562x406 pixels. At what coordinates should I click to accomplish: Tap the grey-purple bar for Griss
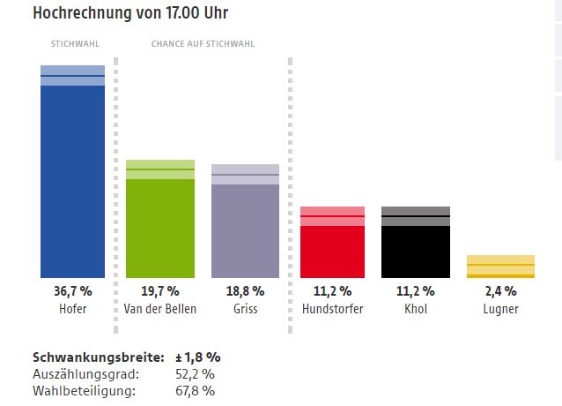point(246,229)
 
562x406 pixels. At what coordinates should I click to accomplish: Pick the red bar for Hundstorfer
point(332,251)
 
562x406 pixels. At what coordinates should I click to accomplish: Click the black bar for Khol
point(415,251)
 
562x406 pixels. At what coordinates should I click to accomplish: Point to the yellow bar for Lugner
point(500,267)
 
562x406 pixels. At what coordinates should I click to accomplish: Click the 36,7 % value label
point(73,291)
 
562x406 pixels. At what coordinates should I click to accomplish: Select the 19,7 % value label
point(160,291)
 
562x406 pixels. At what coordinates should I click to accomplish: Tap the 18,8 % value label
point(246,291)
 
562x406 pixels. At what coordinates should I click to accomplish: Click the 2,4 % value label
point(500,291)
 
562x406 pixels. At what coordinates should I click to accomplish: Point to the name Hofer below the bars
point(73,309)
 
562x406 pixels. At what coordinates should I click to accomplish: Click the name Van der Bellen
point(160,309)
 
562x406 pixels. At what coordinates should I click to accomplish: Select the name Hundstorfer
point(332,309)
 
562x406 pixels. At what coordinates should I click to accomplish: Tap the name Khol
point(415,309)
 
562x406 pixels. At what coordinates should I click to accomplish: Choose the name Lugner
point(500,309)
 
